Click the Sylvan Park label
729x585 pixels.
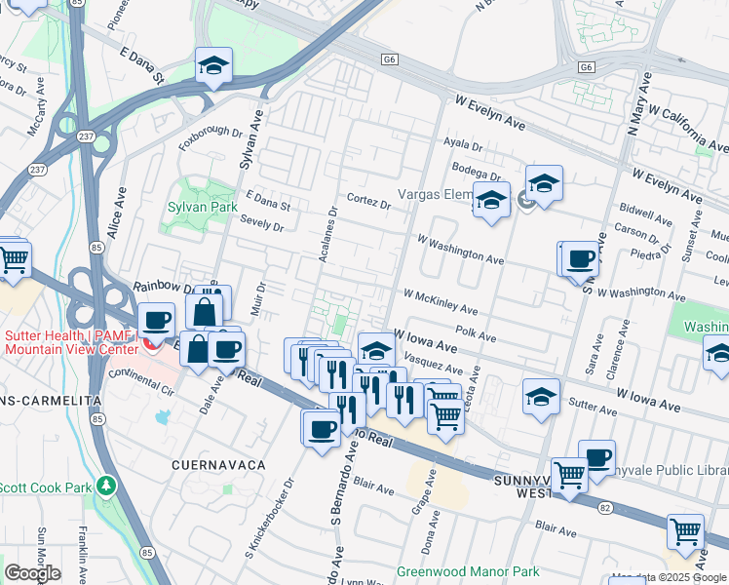202,208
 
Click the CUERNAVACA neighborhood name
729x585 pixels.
218,465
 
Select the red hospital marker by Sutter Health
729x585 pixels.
148,342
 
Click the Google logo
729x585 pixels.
31,572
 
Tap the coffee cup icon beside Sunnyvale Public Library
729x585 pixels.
596,457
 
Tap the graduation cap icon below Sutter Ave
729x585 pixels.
541,397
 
